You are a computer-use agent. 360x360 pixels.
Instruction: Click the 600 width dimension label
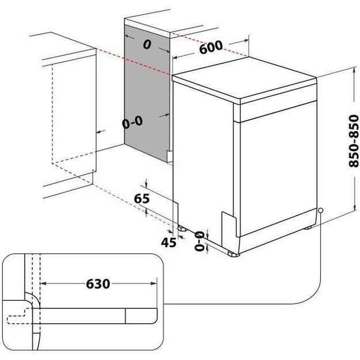(x=211, y=49)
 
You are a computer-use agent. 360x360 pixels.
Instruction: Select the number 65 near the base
(x=142, y=199)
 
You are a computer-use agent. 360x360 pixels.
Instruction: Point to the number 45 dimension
(x=168, y=242)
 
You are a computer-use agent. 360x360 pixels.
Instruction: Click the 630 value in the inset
(x=98, y=284)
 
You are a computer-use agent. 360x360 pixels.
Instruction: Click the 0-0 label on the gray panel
(x=132, y=122)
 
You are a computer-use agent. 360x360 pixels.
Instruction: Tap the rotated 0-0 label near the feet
(x=199, y=241)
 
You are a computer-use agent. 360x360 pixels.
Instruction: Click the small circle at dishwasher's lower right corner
(x=320, y=211)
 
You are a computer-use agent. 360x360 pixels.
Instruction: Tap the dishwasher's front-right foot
(x=233, y=253)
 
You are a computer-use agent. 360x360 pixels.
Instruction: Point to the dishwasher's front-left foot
(x=183, y=228)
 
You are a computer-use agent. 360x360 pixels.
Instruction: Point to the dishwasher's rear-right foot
(x=309, y=227)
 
